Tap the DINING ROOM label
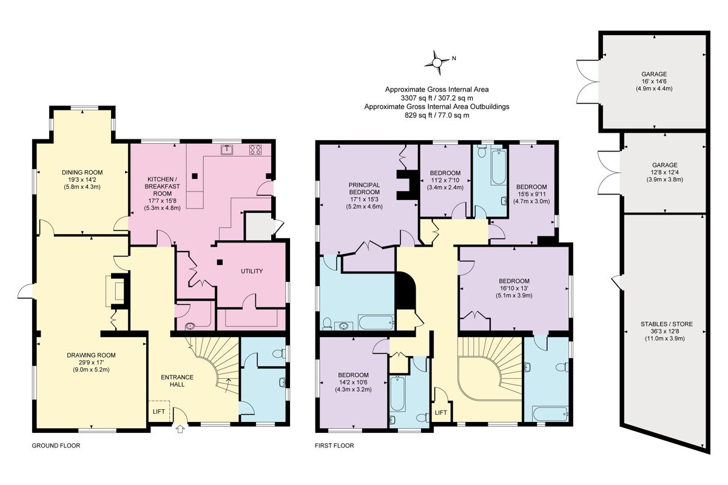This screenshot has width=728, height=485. coord(81,172)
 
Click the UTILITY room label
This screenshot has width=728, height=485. coord(251,271)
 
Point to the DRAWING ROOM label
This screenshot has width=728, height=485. coord(91,355)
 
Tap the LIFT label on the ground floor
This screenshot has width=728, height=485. coord(159,411)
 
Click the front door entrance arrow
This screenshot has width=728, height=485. coord(180,430)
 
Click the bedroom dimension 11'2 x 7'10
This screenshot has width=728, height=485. coord(446,180)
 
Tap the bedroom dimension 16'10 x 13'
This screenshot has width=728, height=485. coord(514,289)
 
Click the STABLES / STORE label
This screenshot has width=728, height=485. coord(666,324)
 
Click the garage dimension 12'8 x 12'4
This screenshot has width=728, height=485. coord(666,172)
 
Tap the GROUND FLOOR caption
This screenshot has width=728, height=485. coord(56,446)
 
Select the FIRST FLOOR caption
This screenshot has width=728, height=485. coord(334,446)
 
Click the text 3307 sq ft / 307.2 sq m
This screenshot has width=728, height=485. coord(437,98)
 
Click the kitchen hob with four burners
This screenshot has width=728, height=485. coord(255,150)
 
